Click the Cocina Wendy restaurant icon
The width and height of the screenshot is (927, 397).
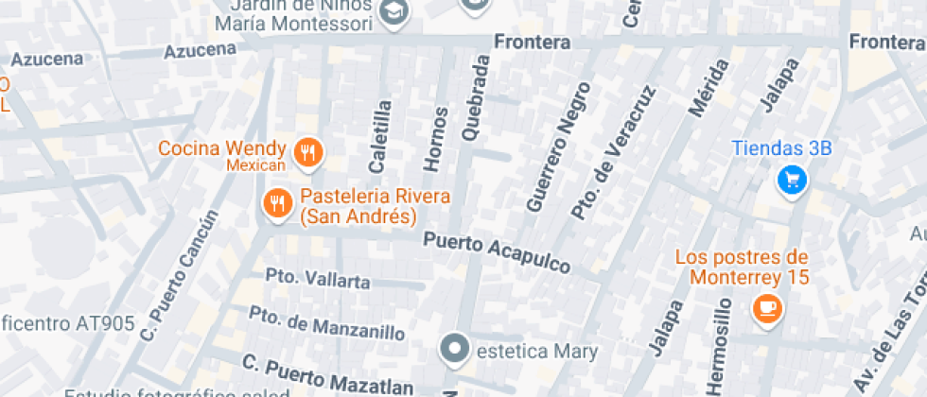point(307,152)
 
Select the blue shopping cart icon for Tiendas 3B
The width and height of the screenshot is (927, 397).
point(791,180)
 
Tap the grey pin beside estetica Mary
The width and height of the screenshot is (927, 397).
point(456,350)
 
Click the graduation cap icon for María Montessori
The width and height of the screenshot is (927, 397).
point(393,11)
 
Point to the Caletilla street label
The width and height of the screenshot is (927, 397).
point(380,136)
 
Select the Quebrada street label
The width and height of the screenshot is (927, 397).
point(477,97)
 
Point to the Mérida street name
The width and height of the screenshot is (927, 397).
point(710,88)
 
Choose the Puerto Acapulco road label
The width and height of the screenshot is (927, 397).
point(497,252)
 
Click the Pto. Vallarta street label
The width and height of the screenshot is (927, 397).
point(318,280)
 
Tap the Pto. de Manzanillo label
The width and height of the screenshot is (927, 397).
point(327,323)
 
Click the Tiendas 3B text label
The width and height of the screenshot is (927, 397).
point(781,148)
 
